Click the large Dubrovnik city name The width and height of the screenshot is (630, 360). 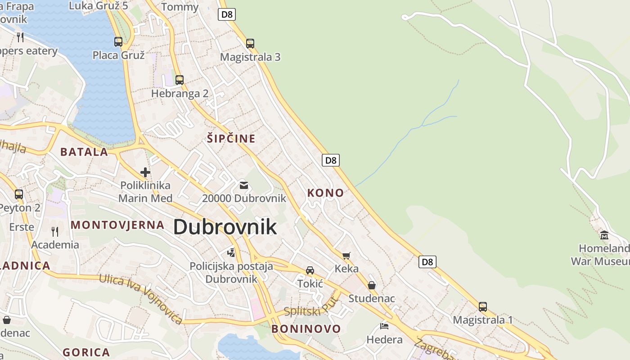(x=225, y=227)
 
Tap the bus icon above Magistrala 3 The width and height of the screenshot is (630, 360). (x=250, y=44)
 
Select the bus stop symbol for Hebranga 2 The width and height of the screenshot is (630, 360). (x=180, y=80)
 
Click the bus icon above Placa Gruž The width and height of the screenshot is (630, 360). (x=118, y=42)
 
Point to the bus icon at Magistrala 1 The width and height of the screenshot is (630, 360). (x=483, y=307)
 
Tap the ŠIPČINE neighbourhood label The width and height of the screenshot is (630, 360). (x=231, y=139)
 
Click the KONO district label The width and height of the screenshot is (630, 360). (x=325, y=193)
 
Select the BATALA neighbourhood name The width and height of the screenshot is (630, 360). (x=85, y=152)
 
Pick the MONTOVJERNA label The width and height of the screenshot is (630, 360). (x=117, y=225)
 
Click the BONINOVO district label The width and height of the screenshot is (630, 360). (x=306, y=329)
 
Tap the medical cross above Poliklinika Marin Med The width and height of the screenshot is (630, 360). (x=145, y=172)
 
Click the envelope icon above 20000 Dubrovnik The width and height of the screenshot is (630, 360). (x=244, y=185)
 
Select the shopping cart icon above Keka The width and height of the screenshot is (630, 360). (x=346, y=256)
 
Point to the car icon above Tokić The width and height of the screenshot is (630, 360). (x=310, y=270)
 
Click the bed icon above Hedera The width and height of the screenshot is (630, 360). (x=384, y=326)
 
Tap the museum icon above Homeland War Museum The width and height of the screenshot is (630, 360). (x=604, y=235)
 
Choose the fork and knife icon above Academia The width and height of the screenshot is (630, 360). (x=55, y=232)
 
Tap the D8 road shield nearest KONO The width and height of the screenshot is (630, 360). (x=331, y=160)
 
